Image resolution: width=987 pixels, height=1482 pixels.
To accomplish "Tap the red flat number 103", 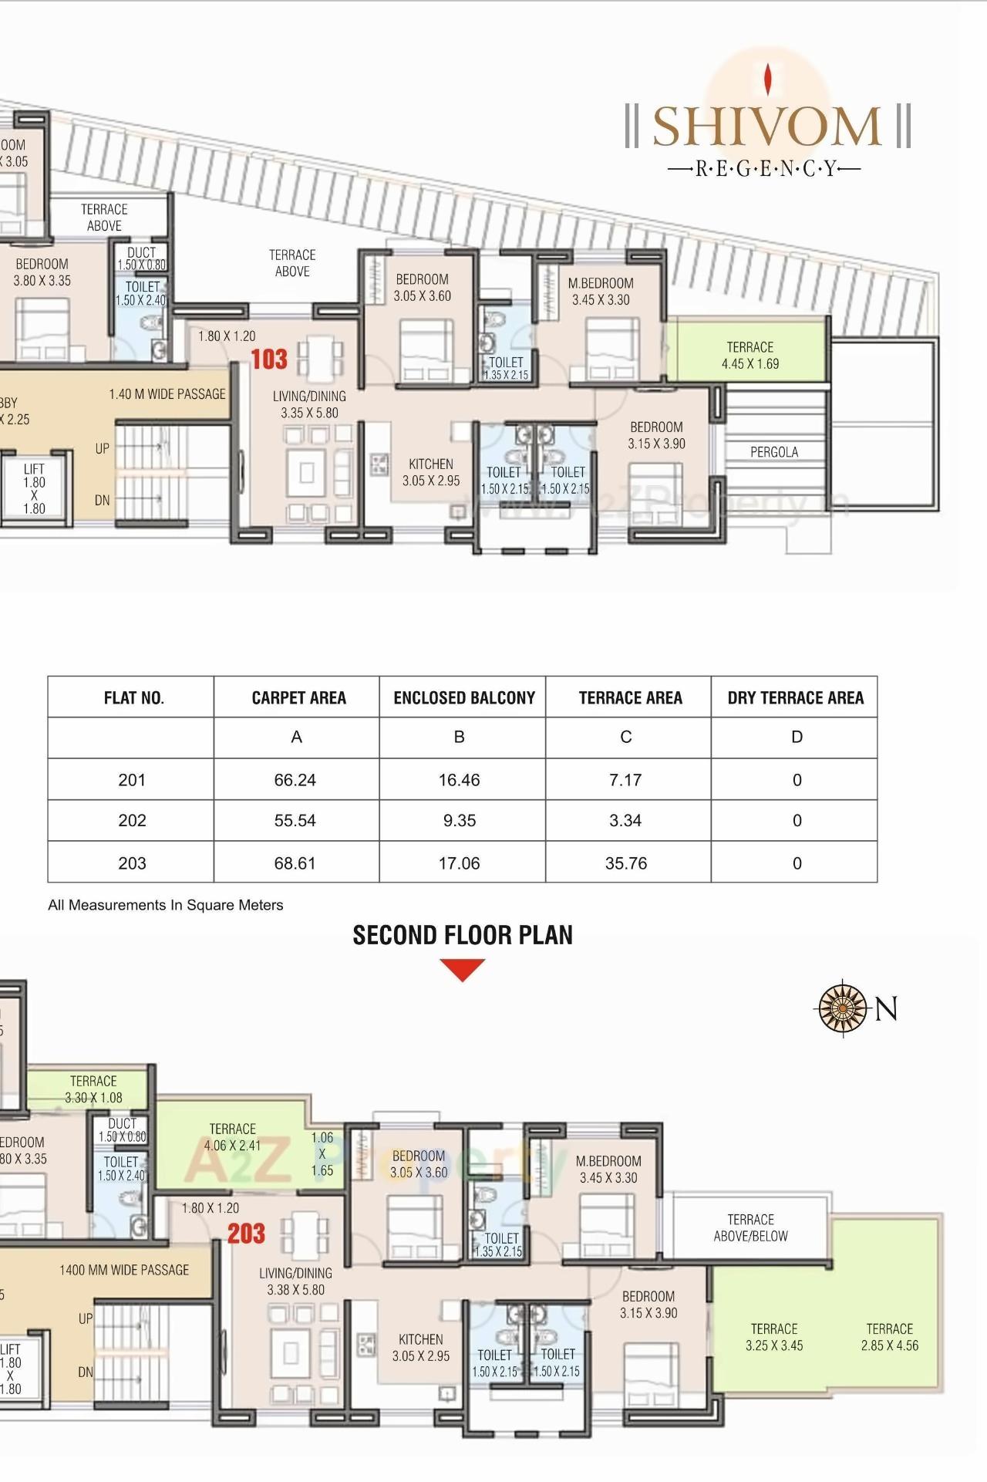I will pyautogui.click(x=269, y=360).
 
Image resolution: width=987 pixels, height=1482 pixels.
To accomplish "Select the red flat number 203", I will pyautogui.click(x=246, y=1234).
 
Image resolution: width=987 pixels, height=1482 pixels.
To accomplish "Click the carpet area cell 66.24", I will pyautogui.click(x=295, y=780).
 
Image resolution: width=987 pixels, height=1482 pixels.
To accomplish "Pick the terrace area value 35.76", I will pyautogui.click(x=626, y=863).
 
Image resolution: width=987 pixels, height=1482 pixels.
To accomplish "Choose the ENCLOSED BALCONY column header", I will pyautogui.click(x=464, y=698).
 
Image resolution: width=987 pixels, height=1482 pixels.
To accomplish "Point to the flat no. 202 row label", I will pyautogui.click(x=132, y=821).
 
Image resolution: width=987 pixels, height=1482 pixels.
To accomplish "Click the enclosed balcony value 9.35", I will pyautogui.click(x=460, y=821).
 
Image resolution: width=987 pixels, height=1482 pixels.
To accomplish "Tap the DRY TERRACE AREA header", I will pyautogui.click(x=795, y=698).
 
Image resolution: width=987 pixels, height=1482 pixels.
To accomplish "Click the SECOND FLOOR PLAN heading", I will pyautogui.click(x=463, y=935).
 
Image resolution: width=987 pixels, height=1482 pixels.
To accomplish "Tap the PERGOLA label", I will pyautogui.click(x=774, y=452).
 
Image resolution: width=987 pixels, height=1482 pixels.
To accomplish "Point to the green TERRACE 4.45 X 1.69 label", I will pyautogui.click(x=750, y=356).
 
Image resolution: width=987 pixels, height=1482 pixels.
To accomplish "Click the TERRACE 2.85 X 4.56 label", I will pyautogui.click(x=890, y=1337).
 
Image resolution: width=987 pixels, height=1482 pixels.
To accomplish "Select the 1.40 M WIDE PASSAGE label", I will pyautogui.click(x=167, y=394).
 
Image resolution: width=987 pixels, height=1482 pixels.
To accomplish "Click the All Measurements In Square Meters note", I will pyautogui.click(x=166, y=905).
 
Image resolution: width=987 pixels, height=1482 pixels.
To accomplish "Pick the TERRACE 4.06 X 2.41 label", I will pyautogui.click(x=232, y=1137).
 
